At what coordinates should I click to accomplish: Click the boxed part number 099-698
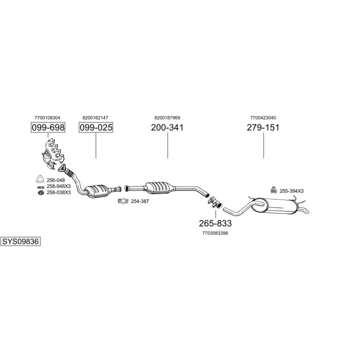(48, 127)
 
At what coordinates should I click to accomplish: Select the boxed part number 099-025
(96, 127)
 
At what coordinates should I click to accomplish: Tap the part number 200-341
(167, 127)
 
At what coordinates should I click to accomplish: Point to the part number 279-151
(263, 127)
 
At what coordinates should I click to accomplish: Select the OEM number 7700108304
(48, 117)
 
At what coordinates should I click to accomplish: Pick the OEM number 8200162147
(95, 117)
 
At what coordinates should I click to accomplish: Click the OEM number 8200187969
(167, 117)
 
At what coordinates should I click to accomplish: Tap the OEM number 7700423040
(263, 117)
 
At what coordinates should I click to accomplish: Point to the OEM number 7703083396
(215, 233)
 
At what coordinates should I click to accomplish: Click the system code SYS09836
(20, 241)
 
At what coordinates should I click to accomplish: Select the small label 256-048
(55, 180)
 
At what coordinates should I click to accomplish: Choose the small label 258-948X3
(58, 186)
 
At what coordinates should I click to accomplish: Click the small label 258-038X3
(58, 192)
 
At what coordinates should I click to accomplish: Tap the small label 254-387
(140, 201)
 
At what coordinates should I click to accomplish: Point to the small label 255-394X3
(291, 190)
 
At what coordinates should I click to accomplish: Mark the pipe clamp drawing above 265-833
(214, 202)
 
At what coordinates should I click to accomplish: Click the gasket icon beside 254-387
(122, 201)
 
